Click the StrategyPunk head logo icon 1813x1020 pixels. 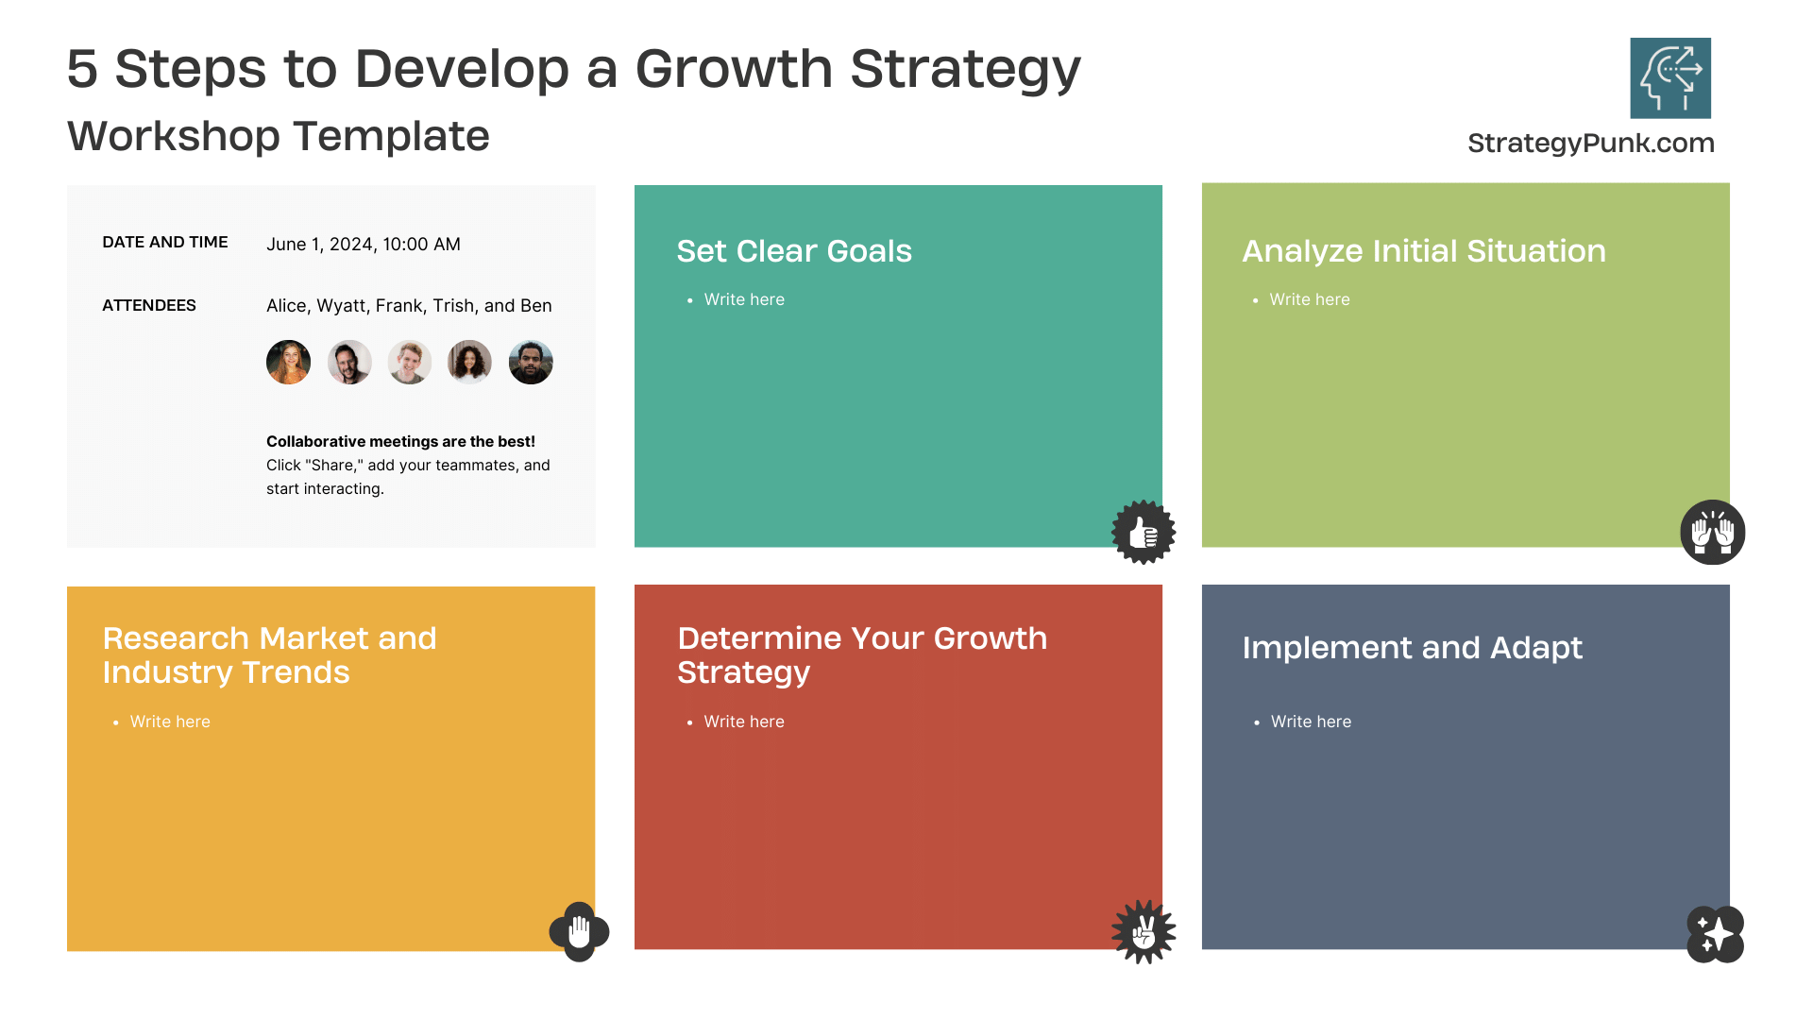point(1670,77)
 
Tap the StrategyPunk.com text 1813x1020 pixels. point(1591,143)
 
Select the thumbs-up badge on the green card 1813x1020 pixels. point(1144,532)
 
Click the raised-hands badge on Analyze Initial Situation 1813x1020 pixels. point(1713,532)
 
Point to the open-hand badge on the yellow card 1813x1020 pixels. point(579,932)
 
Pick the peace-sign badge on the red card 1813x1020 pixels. point(1144,932)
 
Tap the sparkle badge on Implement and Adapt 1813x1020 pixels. point(1715,934)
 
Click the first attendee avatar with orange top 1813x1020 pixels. point(289,362)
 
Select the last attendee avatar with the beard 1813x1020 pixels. point(531,362)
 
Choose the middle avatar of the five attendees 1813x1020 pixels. point(410,362)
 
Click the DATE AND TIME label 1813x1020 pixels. point(165,242)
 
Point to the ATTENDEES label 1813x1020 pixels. point(149,305)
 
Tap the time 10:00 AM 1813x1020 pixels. point(421,244)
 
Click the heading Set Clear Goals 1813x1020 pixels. point(794,251)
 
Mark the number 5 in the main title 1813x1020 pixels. point(82,69)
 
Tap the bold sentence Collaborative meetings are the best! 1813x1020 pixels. point(400,441)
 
